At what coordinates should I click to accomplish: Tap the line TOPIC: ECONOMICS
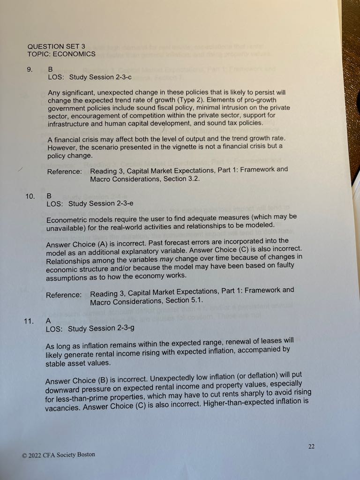tap(61, 54)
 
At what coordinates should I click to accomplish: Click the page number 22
tap(311, 447)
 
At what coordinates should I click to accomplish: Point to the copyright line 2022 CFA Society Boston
tap(58, 454)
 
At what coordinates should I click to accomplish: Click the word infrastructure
tap(69, 124)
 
